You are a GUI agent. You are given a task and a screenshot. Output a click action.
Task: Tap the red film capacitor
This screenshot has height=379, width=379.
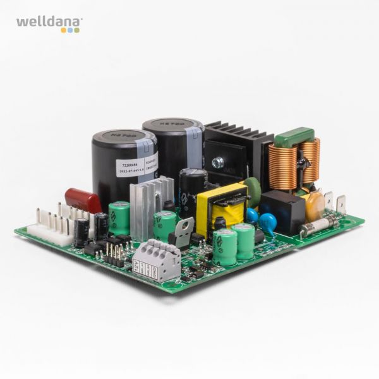[x=83, y=200]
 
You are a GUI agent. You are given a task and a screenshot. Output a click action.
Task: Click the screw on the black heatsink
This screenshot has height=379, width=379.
[x=218, y=162]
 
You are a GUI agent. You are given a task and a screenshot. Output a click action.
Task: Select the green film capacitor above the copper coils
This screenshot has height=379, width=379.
[x=294, y=136]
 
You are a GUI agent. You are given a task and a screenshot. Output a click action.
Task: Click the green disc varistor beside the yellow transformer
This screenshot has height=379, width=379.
[x=253, y=191]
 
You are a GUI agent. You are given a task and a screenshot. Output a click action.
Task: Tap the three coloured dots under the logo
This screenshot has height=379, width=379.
[x=70, y=30]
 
